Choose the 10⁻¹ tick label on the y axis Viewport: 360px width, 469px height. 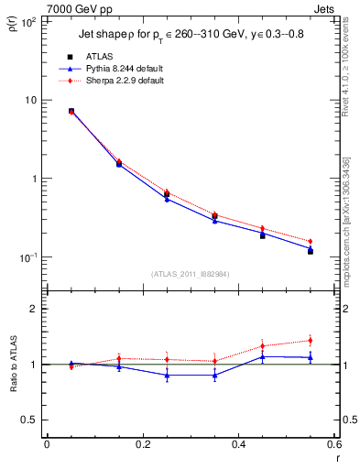27,257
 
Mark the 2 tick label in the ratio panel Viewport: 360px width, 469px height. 32,309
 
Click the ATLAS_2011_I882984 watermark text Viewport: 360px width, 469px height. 191,273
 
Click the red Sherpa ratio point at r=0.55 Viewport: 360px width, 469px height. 311,341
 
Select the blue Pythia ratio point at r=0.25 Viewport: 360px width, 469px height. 167,375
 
